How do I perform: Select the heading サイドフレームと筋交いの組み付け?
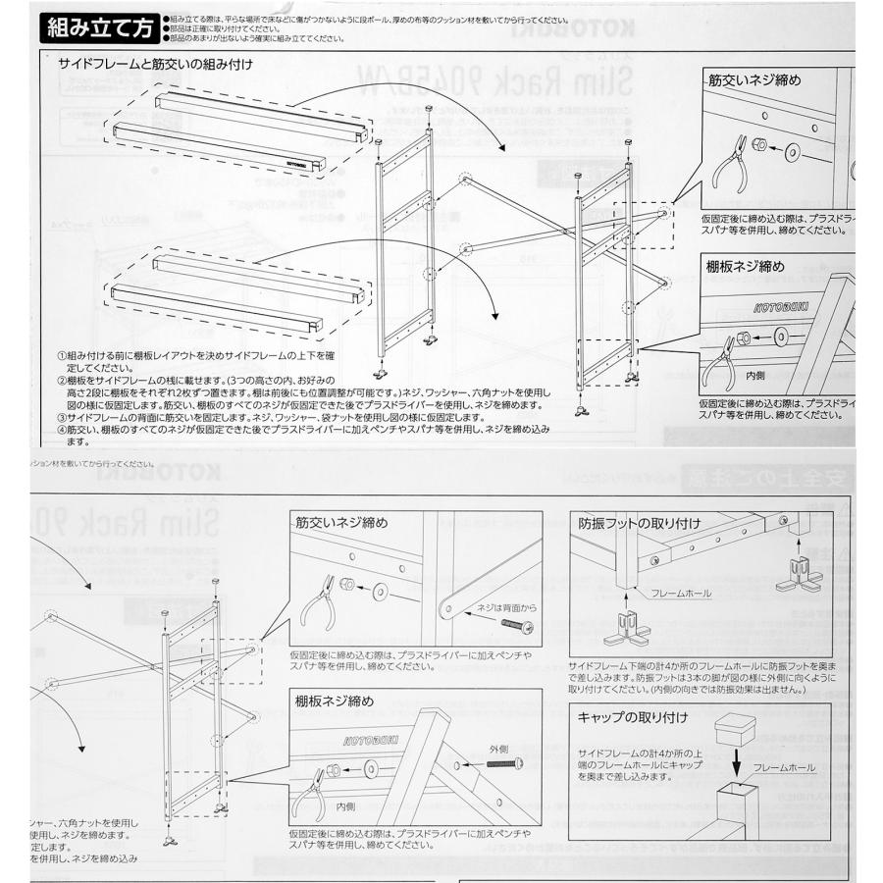(x=155, y=65)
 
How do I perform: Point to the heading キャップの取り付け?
(x=633, y=717)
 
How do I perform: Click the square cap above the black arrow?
(x=739, y=730)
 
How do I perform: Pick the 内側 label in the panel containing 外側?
(x=345, y=806)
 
